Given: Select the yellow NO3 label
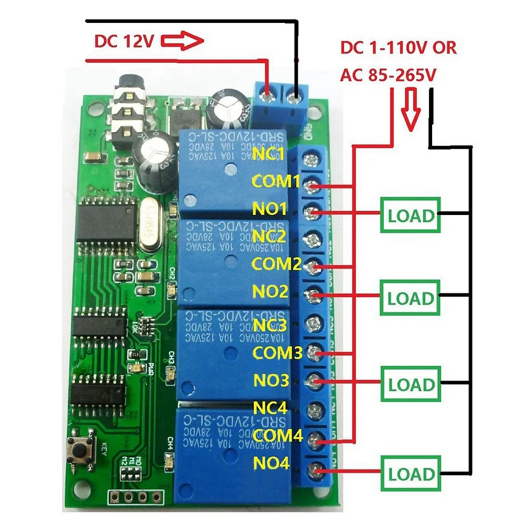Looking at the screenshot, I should click(x=271, y=380).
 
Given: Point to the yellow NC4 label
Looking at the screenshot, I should click(x=271, y=408).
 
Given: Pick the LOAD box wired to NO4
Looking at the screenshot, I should click(x=411, y=474).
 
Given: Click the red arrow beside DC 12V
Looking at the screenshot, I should click(x=182, y=42).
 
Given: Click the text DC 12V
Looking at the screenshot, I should click(x=124, y=42).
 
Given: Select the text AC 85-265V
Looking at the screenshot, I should click(x=388, y=76).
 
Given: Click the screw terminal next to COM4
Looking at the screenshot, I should click(x=314, y=439).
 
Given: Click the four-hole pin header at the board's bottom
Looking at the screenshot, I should click(x=136, y=496).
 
